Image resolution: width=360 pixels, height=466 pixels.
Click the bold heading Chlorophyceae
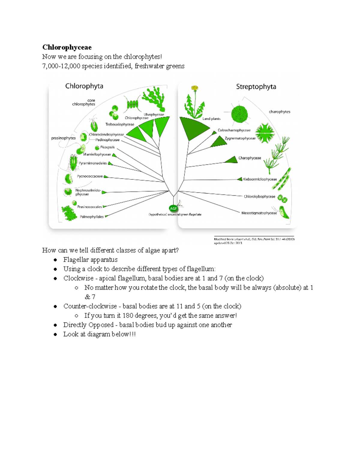click(67, 47)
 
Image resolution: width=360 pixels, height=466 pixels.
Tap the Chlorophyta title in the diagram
click(84, 86)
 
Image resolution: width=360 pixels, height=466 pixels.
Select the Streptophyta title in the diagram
click(256, 87)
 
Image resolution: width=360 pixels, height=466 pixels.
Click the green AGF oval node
click(173, 208)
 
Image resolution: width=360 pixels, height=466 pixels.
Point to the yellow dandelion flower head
click(195, 88)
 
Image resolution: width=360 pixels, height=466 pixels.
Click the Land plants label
click(211, 119)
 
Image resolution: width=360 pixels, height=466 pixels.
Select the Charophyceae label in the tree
click(250, 158)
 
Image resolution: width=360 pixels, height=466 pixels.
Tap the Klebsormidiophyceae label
click(260, 179)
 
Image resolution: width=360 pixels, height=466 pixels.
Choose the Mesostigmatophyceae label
click(259, 213)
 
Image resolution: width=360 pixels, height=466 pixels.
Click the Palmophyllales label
click(91, 217)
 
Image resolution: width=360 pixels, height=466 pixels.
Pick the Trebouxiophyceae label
click(120, 125)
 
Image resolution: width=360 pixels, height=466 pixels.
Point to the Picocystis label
click(107, 147)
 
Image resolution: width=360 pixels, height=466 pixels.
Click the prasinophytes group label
click(63, 138)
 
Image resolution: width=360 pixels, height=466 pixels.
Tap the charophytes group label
click(279, 112)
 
